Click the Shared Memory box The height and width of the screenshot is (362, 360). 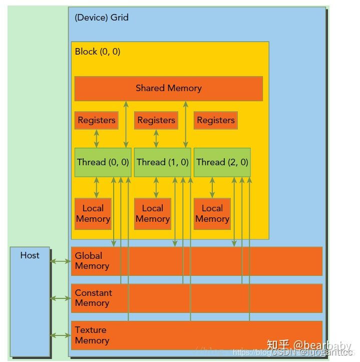(x=168, y=89)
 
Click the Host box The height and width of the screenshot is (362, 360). (x=30, y=300)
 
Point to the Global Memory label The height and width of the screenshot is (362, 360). (x=92, y=261)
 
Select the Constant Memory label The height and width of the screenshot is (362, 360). (x=93, y=298)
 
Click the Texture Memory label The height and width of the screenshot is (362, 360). (x=92, y=335)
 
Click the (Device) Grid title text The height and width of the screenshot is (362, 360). (x=101, y=18)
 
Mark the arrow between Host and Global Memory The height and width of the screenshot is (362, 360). (x=60, y=261)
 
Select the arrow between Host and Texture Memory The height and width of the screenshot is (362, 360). (x=60, y=335)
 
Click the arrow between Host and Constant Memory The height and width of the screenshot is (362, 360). (x=60, y=298)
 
